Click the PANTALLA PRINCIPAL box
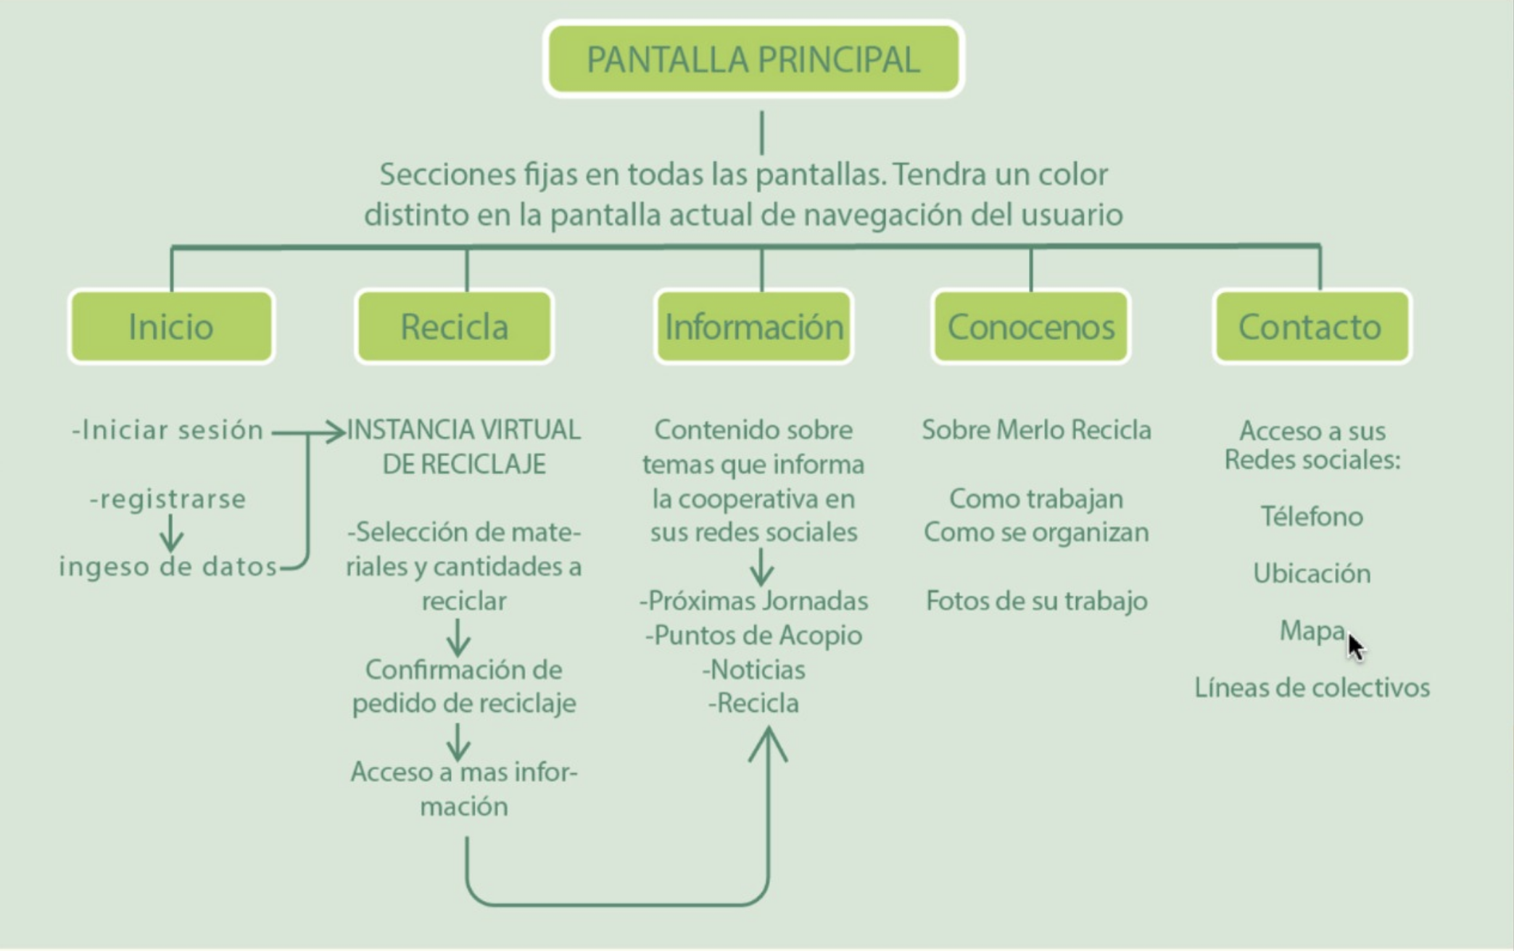(753, 59)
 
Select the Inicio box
(171, 327)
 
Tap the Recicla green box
(454, 327)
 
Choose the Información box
(753, 327)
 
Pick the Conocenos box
(1030, 327)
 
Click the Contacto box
(1312, 327)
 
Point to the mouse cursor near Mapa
(1354, 646)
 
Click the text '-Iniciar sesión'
(167, 431)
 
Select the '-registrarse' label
(168, 499)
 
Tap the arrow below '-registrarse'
(171, 533)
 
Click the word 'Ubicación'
(1312, 573)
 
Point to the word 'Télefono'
(1312, 517)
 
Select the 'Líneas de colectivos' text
(1312, 687)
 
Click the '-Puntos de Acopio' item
(753, 636)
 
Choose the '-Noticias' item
(753, 670)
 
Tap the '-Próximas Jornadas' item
(753, 601)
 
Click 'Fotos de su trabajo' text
(1036, 601)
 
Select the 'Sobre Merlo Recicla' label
(1036, 431)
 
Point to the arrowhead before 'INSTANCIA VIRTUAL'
(335, 432)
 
